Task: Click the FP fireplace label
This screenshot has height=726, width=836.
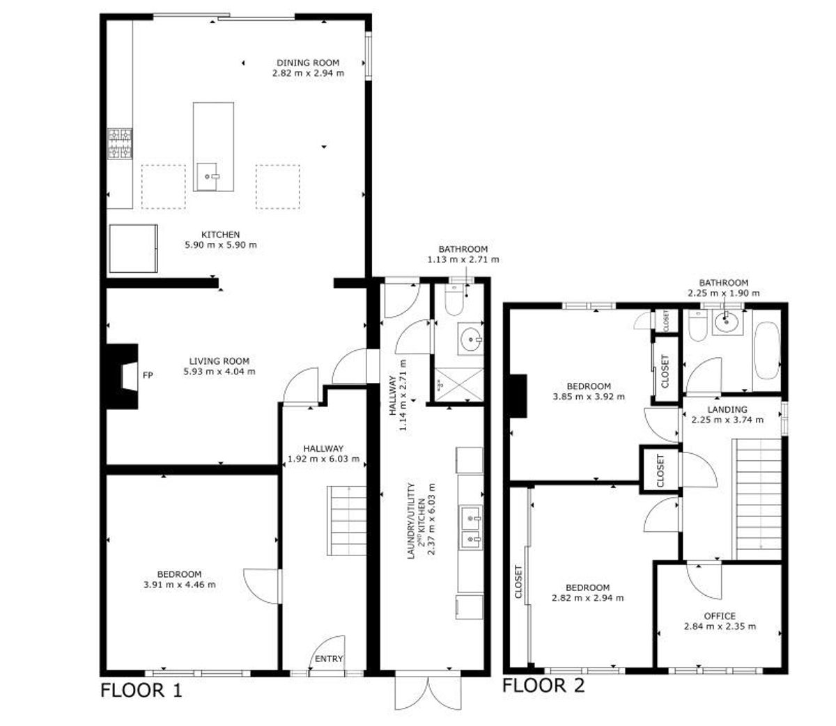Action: pos(148,375)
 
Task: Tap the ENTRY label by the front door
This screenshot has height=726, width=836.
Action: pos(329,658)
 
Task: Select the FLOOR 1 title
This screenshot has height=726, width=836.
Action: pos(141,691)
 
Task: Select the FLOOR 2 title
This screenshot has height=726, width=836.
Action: pos(543,685)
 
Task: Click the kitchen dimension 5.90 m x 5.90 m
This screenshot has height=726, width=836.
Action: pos(221,245)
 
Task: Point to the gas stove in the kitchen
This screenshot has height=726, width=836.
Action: pos(120,143)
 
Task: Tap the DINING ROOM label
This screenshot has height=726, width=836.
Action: pos(308,63)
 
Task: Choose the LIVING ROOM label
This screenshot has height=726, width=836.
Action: pos(219,361)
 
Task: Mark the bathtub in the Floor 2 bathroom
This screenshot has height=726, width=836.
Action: pos(767,351)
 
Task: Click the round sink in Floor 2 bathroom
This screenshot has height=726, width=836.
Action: pos(727,322)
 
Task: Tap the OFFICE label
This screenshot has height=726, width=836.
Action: pos(720,616)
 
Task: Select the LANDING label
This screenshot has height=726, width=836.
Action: pos(727,409)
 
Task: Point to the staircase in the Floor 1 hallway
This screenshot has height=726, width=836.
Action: pos(346,521)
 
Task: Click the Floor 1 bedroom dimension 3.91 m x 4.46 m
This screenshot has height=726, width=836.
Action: pos(180,585)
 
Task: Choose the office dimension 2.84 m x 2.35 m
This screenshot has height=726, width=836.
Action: pos(720,626)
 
